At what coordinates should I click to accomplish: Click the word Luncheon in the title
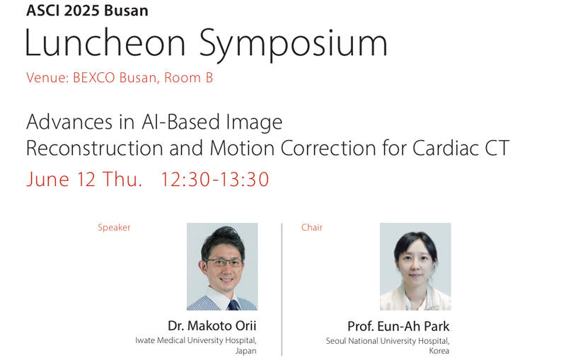(105, 43)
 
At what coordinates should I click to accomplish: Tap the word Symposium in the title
(294, 45)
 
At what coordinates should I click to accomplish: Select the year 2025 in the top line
(82, 11)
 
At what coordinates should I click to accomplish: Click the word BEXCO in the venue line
(94, 78)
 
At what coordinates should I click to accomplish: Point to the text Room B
(188, 78)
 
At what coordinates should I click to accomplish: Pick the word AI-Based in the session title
(180, 122)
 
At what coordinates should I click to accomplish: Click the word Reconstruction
(95, 148)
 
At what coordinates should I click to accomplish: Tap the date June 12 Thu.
(84, 179)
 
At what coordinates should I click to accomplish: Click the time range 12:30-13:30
(215, 179)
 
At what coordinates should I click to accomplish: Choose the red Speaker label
(114, 227)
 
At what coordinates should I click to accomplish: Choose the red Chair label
(312, 227)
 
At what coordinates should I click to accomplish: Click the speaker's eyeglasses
(224, 262)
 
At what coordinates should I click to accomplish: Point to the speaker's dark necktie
(233, 305)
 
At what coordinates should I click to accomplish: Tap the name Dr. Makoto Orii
(212, 326)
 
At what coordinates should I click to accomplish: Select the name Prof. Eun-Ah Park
(398, 327)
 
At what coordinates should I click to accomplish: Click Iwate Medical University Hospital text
(196, 340)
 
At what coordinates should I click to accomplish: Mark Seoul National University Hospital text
(388, 341)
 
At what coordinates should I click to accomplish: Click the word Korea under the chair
(439, 351)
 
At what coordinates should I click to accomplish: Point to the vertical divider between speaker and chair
(282, 289)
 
